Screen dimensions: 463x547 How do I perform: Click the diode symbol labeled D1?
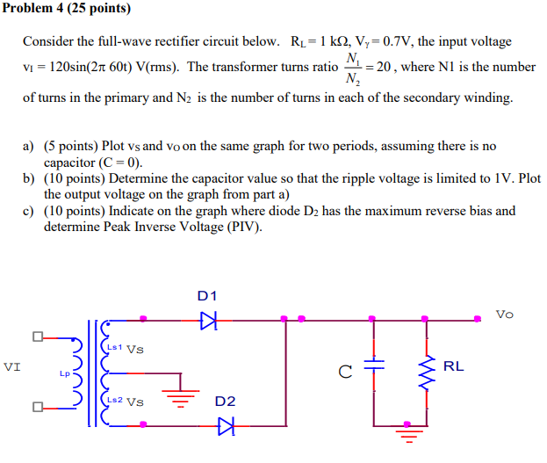point(208,319)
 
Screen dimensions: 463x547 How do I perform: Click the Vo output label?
point(505,314)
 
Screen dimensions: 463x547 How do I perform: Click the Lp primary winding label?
point(65,373)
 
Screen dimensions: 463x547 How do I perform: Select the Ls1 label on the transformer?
point(113,347)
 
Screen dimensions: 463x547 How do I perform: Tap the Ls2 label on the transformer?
point(113,401)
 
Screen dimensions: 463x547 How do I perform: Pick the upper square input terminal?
point(38,336)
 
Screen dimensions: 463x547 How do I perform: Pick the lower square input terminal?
point(38,407)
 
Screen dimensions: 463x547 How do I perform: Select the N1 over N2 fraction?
point(353,68)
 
